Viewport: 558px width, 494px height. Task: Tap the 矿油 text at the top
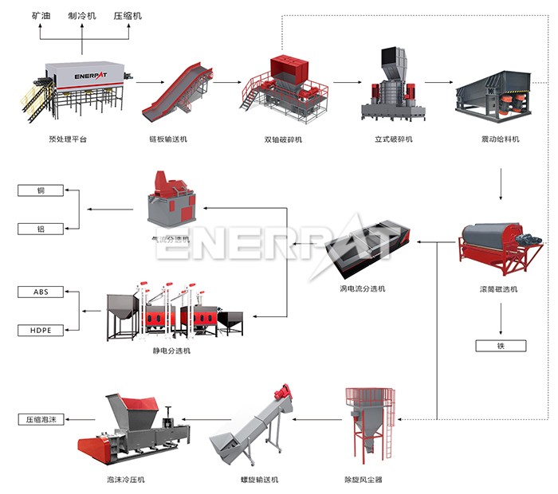[x=41, y=15]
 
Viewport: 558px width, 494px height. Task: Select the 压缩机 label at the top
[x=128, y=15]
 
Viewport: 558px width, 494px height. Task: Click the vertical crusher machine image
[x=391, y=84]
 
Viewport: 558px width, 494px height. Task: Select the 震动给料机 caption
[x=500, y=139]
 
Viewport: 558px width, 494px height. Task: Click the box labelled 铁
[x=500, y=346]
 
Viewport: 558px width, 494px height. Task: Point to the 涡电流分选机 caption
[x=362, y=288]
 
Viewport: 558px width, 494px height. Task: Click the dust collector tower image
[x=368, y=427]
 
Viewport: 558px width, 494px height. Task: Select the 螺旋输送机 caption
[x=260, y=480]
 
